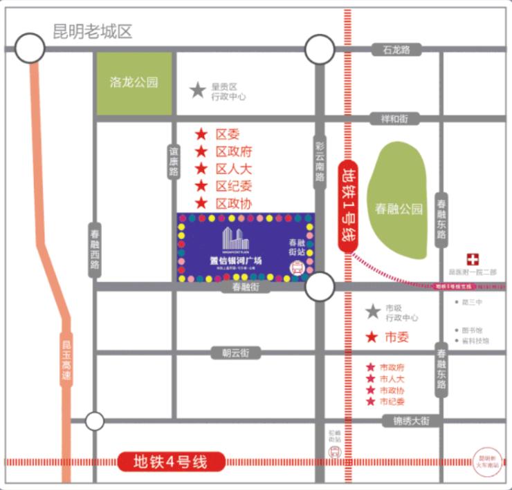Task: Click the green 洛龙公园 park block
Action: [134, 83]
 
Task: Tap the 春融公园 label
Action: [399, 209]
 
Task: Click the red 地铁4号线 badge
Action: [170, 461]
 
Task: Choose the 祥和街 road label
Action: [394, 119]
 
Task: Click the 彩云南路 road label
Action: [320, 162]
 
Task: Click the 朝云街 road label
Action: [227, 353]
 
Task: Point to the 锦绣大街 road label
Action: [407, 420]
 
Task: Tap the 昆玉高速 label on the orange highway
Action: [66, 359]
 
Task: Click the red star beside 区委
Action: [201, 134]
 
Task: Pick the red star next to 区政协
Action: [201, 203]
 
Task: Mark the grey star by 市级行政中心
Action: [373, 312]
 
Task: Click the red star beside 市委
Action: [372, 337]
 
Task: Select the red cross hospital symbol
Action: [473, 259]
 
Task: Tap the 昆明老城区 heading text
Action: [92, 32]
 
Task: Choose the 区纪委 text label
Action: [233, 186]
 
